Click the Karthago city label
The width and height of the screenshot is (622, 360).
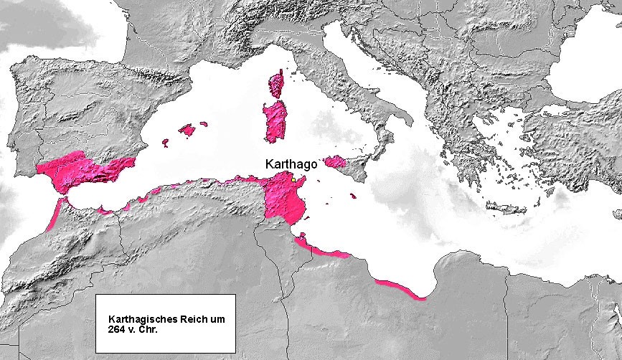(x=291, y=164)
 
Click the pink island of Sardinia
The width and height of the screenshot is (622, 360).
(x=274, y=122)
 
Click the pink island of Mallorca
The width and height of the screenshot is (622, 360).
(x=187, y=130)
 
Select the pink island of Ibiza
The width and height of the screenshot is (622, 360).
(x=166, y=143)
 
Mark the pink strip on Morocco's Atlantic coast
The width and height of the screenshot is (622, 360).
(x=55, y=215)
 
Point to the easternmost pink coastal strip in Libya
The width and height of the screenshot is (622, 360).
(x=402, y=290)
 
